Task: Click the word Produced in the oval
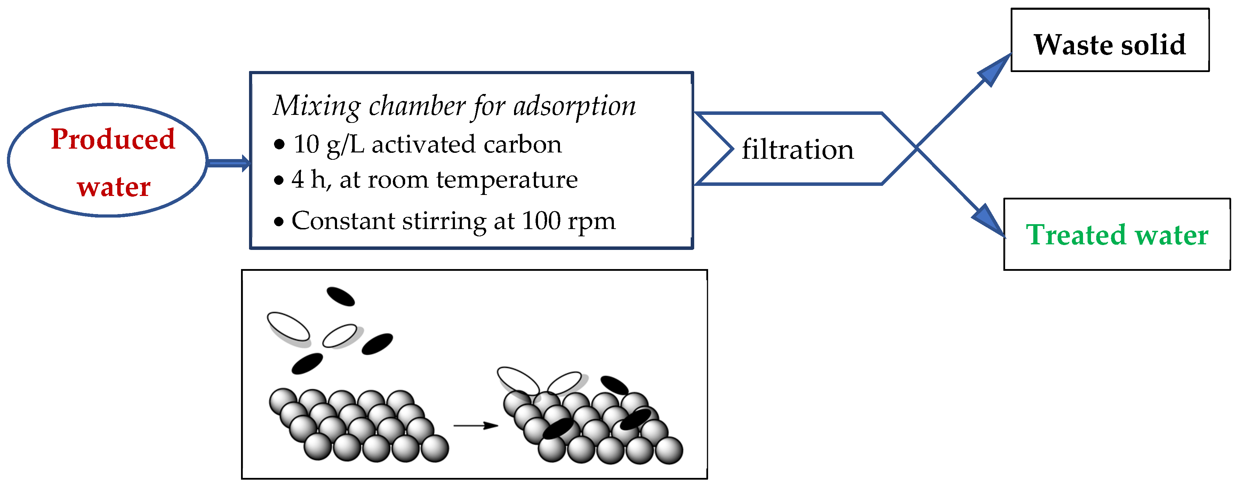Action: coord(113,140)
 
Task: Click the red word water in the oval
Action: coord(114,187)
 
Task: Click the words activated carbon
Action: coord(466,144)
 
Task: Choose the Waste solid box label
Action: coord(1109,45)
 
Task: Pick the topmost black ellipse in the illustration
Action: coord(341,296)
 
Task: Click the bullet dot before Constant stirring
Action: coord(279,222)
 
